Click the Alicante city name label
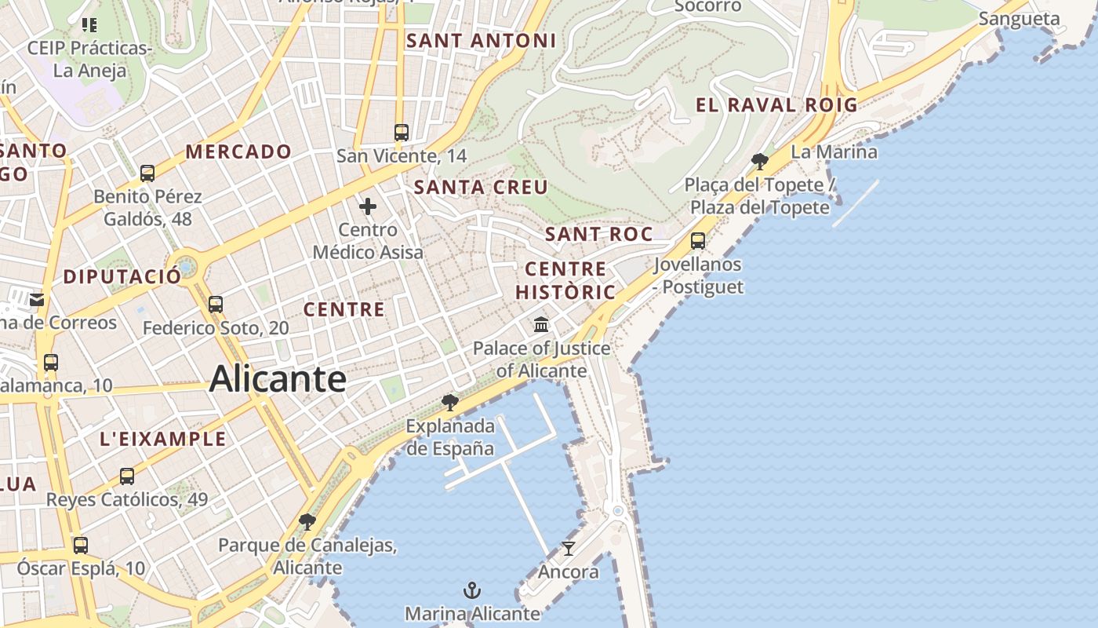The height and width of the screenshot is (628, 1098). pos(278,379)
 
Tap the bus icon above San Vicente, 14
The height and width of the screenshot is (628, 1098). pos(402,132)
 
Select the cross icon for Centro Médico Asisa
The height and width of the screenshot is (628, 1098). pos(368,207)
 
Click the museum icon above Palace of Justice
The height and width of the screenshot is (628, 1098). pos(541,324)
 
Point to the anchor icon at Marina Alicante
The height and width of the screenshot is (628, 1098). pos(472,590)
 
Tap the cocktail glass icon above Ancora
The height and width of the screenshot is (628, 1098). pos(569,548)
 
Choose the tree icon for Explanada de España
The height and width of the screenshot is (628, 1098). pos(450,403)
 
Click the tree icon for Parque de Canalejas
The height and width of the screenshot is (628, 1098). pos(307,522)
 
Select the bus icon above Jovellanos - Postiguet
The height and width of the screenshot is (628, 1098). pos(698,241)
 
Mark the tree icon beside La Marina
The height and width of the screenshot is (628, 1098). pos(759,162)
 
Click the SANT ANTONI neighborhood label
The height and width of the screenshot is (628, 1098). pos(481,41)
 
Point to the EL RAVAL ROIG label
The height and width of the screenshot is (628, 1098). pos(776,104)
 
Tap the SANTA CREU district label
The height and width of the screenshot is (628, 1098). pos(481,187)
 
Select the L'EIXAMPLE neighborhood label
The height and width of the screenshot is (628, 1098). pos(163,439)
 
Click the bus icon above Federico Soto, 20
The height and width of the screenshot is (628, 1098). pos(216,304)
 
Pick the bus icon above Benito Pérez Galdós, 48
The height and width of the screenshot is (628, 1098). pos(147,173)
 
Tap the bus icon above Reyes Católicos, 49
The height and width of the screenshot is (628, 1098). pos(127,476)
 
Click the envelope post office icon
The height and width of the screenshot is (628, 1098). pos(37,299)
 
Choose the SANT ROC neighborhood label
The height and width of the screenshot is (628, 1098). pos(598,234)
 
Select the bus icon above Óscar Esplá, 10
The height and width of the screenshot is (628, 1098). pos(81,545)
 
